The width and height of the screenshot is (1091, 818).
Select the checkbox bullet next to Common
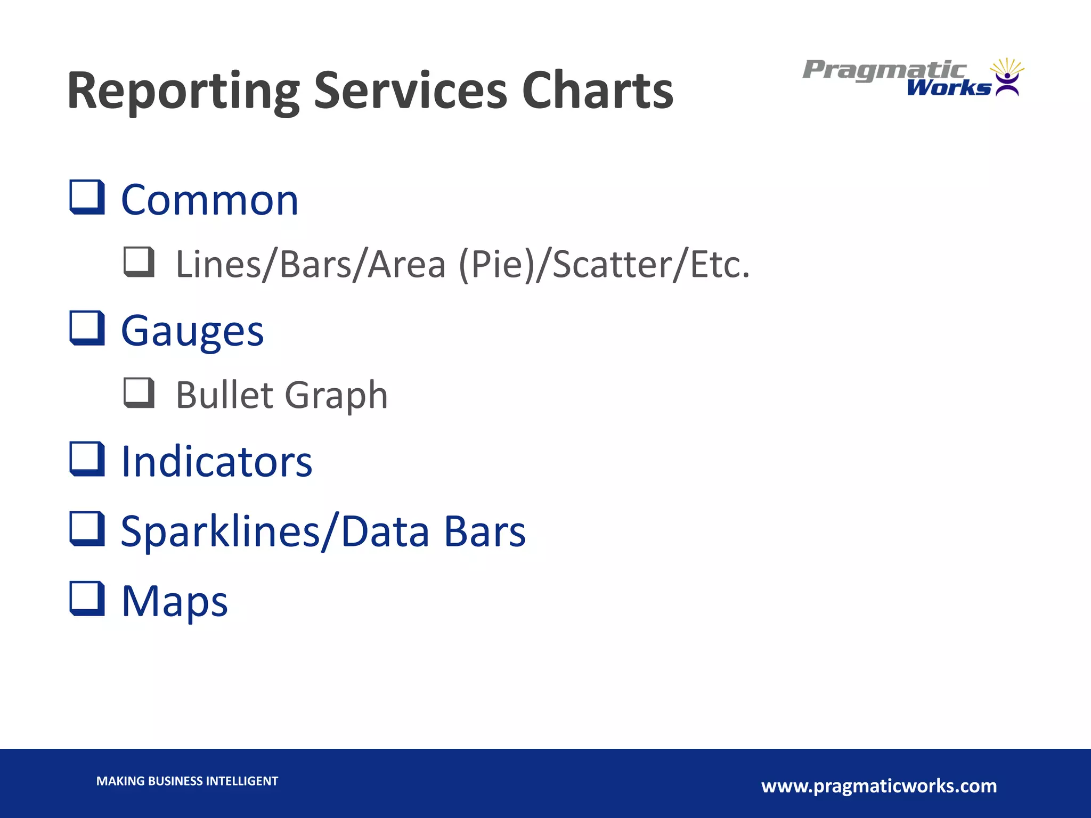click(x=87, y=198)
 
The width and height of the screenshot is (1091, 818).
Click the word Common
click(x=209, y=201)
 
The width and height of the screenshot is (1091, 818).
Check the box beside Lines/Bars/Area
click(x=139, y=262)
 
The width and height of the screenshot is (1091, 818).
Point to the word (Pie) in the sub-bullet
click(x=496, y=265)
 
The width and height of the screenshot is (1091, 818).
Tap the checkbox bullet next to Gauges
click(x=87, y=329)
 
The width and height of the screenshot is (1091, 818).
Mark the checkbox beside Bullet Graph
click(x=139, y=393)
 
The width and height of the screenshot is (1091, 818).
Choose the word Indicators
click(x=216, y=462)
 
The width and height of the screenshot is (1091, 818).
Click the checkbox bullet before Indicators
click(x=87, y=459)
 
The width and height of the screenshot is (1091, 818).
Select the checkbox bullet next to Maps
click(x=87, y=599)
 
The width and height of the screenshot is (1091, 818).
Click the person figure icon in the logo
click(x=1007, y=84)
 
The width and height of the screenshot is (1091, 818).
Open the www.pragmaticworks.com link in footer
click(x=879, y=786)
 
